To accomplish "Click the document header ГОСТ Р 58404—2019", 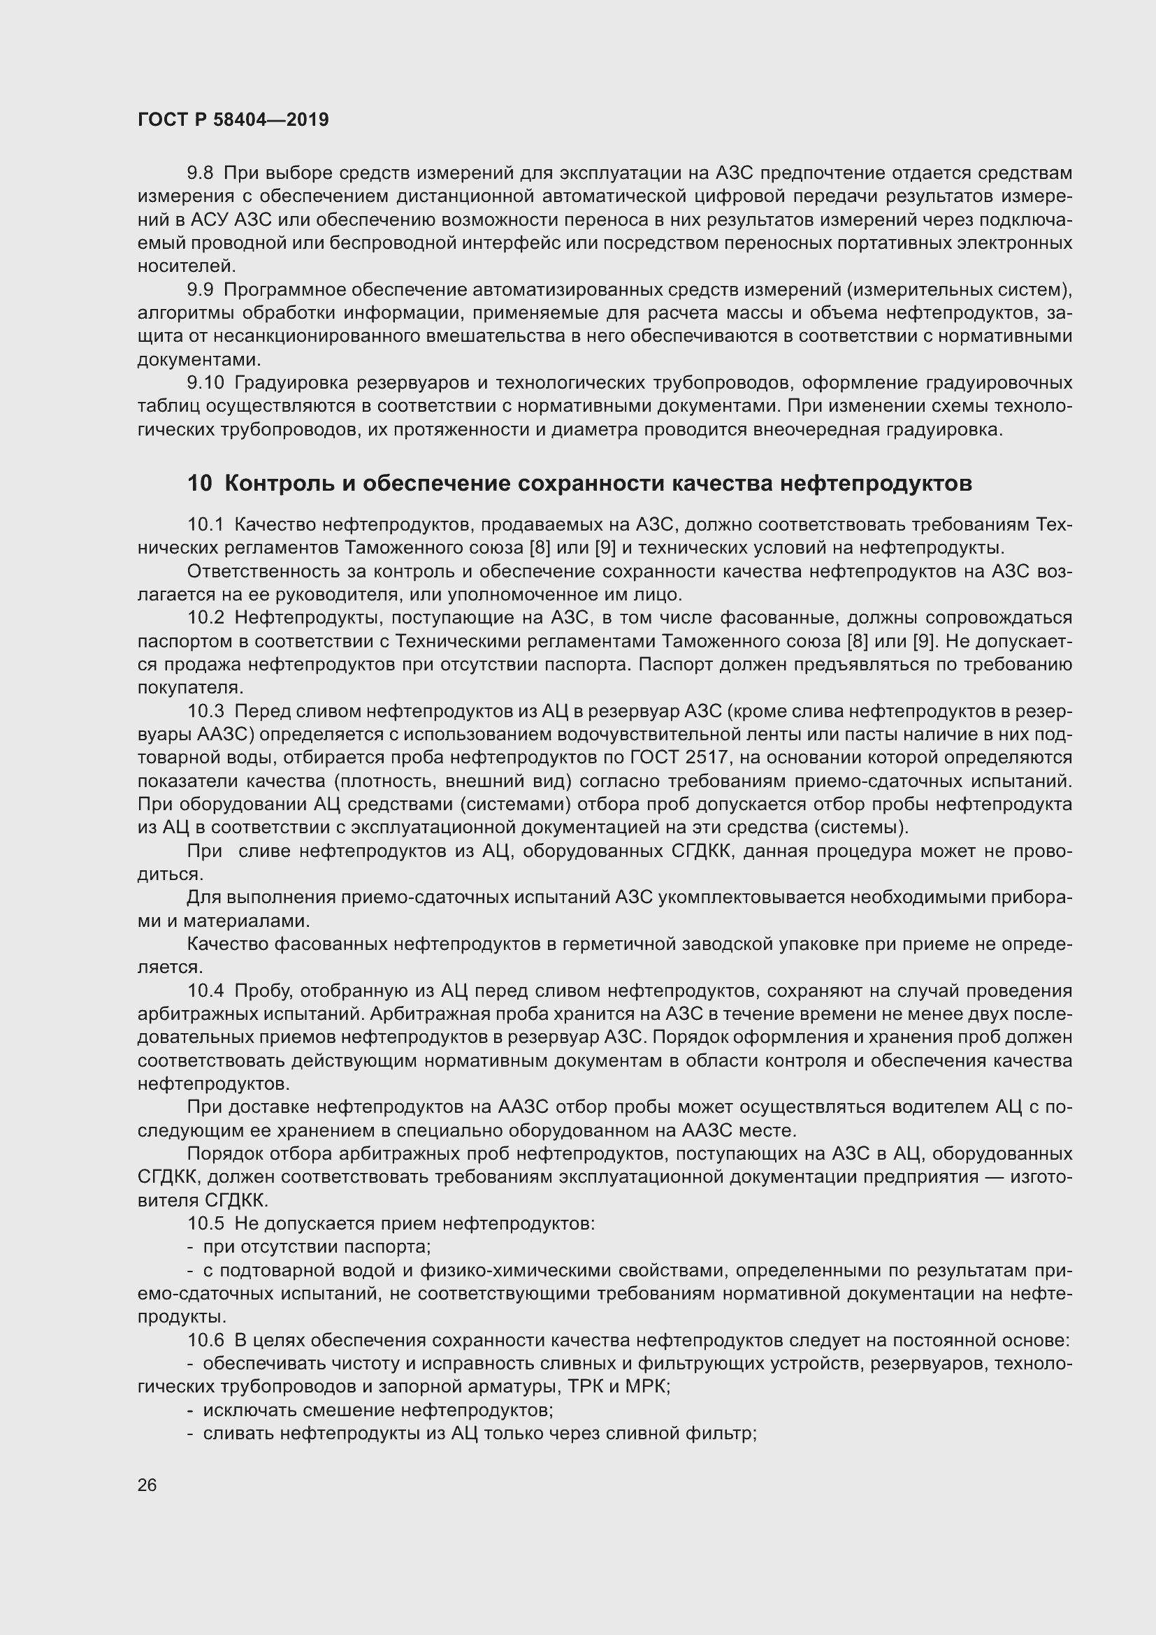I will point(233,120).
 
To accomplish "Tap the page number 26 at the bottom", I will point(147,1485).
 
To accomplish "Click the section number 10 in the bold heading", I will point(199,484).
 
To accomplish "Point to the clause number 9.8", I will point(200,173).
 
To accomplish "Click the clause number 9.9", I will point(200,290).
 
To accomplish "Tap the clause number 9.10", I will point(205,383).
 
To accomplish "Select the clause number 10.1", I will point(205,525).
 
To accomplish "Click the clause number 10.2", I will point(205,617).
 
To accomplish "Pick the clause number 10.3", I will point(205,711).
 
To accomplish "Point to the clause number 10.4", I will point(205,991).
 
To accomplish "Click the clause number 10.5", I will point(205,1223).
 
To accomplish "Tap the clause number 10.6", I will point(205,1340).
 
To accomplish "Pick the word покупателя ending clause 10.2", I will point(189,688).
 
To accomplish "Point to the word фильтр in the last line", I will point(726,1433).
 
